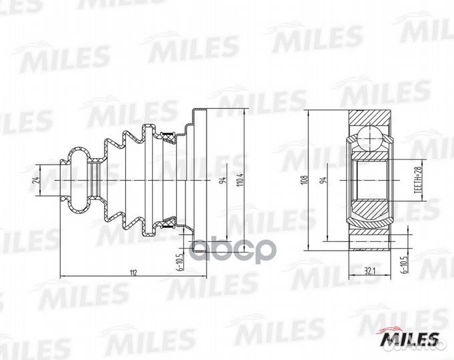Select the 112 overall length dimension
133,271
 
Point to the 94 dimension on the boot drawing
222,180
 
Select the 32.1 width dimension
371,271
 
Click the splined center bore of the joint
371,179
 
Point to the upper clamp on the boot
169,137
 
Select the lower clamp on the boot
169,223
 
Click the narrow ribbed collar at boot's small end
97,179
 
